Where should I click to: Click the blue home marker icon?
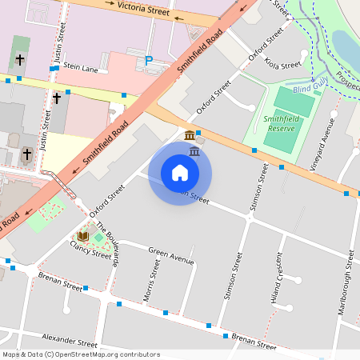coord(180,173)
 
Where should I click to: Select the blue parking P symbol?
coord(148,60)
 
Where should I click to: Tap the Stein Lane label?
coord(80,69)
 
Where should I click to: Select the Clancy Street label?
coord(91,254)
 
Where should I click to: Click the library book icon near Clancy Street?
coord(82,237)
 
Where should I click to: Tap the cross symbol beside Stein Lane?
coord(20,61)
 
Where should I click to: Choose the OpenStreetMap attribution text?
coord(81,354)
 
